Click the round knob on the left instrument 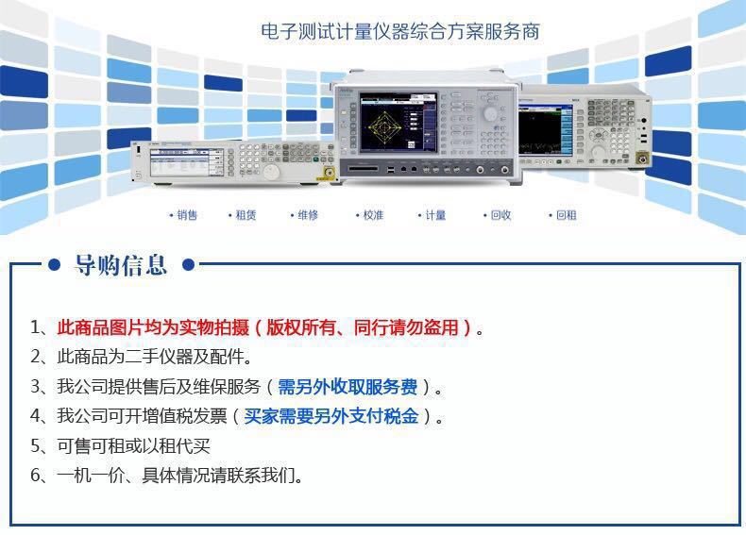(271, 171)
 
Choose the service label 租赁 (246, 215)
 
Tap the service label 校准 (373, 215)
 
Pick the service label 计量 (435, 215)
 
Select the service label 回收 (500, 215)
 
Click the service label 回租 (566, 215)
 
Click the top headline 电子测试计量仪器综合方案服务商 (400, 31)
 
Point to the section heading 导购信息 (120, 266)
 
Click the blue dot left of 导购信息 (55, 265)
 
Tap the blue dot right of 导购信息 (188, 265)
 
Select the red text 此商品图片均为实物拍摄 (153, 328)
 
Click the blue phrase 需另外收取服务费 (348, 387)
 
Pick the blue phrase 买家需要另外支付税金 (331, 416)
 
